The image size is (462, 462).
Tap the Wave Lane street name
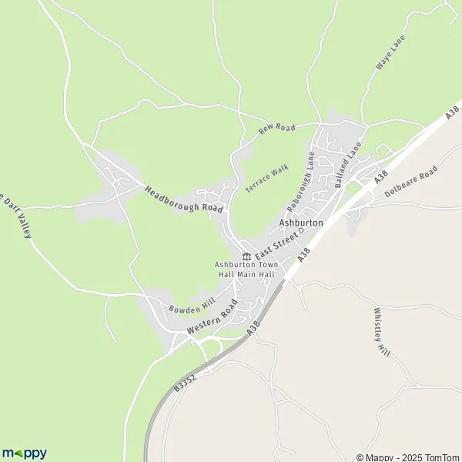pyautogui.click(x=390, y=53)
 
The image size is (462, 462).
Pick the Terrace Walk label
pyautogui.click(x=266, y=179)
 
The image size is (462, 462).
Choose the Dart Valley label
pyautogui.click(x=15, y=215)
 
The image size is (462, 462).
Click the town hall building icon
pyautogui.click(x=246, y=256)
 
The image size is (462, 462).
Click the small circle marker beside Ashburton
pyautogui.click(x=302, y=229)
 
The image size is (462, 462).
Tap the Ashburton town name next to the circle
pyautogui.click(x=301, y=222)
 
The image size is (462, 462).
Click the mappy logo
pyautogui.click(x=24, y=453)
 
